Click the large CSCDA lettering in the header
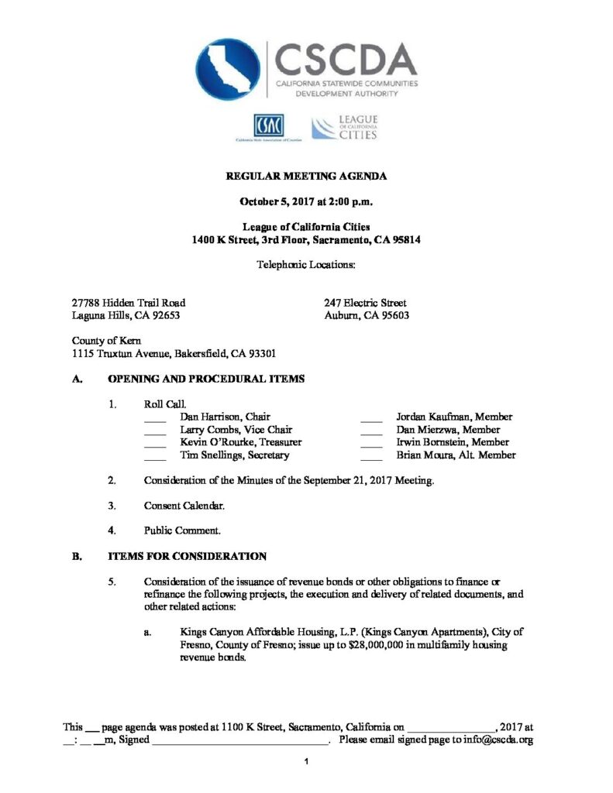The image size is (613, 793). (x=346, y=59)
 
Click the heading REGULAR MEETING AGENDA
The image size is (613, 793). (x=306, y=177)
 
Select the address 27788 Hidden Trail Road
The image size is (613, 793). (x=129, y=303)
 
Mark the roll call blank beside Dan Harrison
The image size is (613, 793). (x=155, y=417)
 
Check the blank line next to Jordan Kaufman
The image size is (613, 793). (x=371, y=417)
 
